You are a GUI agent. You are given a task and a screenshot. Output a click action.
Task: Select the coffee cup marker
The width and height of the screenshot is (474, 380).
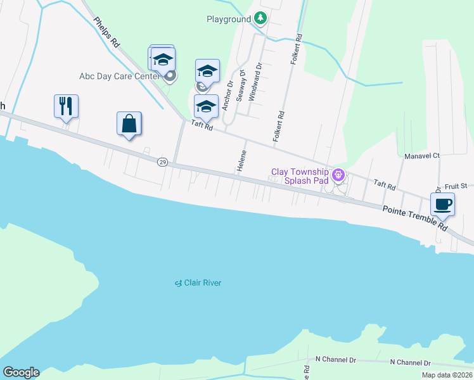tap(442, 204)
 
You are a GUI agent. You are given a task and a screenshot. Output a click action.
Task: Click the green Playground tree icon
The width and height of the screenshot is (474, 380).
tap(260, 18)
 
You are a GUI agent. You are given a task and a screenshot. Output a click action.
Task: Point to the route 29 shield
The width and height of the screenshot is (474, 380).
tap(162, 163)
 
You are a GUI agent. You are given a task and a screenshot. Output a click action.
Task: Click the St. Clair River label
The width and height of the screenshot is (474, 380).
tap(198, 282)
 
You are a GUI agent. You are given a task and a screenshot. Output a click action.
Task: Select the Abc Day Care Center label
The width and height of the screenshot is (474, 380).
tap(119, 76)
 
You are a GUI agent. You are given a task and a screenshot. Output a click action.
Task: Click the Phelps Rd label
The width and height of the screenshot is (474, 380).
tap(107, 31)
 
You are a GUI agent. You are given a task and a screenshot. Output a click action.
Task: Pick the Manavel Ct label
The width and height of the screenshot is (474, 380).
tap(422, 155)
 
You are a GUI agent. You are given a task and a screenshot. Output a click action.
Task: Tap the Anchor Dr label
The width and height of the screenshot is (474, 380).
tap(226, 94)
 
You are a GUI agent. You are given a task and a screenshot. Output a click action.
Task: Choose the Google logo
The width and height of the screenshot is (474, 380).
tap(21, 372)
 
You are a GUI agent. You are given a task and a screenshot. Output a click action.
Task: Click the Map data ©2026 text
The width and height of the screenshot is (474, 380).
tap(447, 375)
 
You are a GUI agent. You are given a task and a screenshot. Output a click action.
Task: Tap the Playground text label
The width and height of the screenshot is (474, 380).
tap(229, 19)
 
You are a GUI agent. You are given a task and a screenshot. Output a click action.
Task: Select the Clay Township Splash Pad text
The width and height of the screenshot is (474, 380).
tap(300, 176)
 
